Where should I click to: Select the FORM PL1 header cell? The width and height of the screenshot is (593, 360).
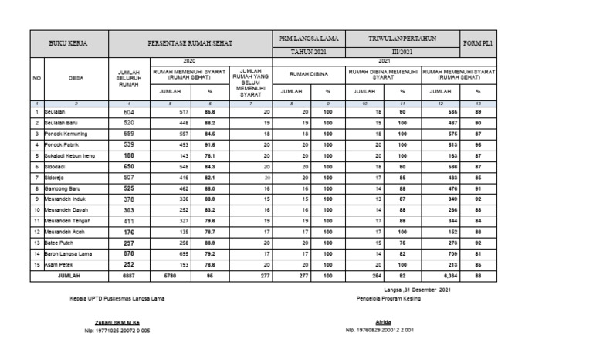point(479,44)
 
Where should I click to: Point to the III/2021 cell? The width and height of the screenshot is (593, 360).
point(402,51)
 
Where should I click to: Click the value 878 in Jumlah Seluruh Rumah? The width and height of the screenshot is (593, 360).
point(129,253)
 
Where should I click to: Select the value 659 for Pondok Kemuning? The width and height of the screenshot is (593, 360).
point(129,133)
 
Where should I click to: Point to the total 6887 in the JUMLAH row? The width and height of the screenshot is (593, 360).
point(129,274)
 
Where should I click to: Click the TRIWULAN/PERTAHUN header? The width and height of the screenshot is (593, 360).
point(402,38)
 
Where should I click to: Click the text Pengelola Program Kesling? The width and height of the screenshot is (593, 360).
point(384,297)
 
